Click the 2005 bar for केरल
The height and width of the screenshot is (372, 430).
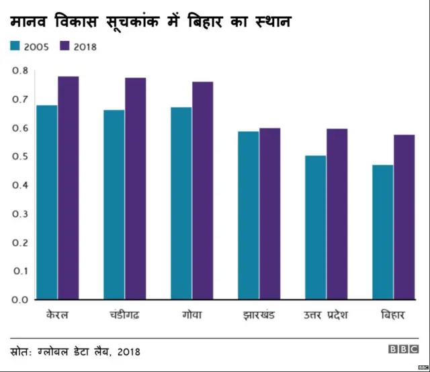(47, 202)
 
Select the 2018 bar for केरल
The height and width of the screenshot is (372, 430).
(68, 188)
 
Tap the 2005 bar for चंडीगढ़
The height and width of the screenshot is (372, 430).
(114, 204)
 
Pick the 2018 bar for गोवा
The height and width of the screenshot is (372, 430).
(202, 190)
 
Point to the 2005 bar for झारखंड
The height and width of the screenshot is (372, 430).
(249, 215)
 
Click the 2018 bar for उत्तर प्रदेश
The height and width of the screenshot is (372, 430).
(337, 214)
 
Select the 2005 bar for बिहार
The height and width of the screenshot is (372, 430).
(383, 232)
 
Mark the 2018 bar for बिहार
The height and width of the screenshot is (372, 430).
(404, 217)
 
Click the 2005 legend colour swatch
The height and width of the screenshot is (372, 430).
(15, 46)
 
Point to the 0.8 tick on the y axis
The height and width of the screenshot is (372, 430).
(20, 70)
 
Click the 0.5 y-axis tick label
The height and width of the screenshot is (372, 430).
(20, 156)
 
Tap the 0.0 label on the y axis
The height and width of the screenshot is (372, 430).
(20, 300)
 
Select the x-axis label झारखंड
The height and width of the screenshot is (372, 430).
(259, 315)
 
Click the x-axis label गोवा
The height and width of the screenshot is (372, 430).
(191, 314)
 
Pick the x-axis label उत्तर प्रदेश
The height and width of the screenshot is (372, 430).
(326, 315)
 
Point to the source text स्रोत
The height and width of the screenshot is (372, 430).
(24, 351)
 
